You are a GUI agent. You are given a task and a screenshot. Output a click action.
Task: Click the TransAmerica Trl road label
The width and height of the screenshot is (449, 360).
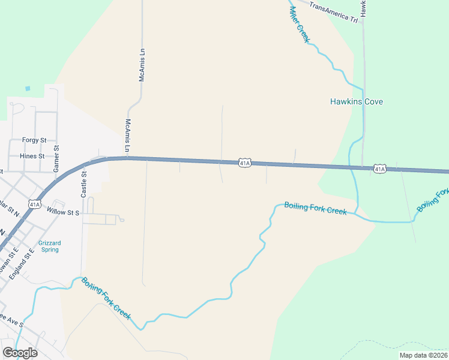point(333,12)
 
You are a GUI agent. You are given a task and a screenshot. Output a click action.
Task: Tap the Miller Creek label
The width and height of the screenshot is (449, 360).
point(299,23)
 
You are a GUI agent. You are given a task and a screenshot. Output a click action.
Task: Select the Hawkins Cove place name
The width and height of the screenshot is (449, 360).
point(357,101)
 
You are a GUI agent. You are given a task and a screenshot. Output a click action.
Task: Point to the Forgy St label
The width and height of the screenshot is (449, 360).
point(34,140)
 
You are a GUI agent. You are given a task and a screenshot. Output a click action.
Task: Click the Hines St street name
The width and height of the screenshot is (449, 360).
point(32,156)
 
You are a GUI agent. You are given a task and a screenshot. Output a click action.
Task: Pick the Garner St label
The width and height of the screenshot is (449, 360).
point(56,158)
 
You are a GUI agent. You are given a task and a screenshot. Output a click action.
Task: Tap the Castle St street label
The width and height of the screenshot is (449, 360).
point(84,184)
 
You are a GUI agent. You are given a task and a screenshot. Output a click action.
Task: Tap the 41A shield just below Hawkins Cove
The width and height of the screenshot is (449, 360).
point(379,169)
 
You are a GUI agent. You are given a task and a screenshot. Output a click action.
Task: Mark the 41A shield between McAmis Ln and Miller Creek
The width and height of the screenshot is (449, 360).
point(244,163)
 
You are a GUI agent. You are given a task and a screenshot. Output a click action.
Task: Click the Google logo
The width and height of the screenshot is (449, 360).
point(20,353)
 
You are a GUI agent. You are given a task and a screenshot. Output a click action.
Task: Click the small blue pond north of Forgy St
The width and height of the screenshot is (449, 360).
point(28,89)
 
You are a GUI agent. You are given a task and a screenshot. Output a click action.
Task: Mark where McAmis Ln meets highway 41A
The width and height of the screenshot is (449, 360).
point(128,158)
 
